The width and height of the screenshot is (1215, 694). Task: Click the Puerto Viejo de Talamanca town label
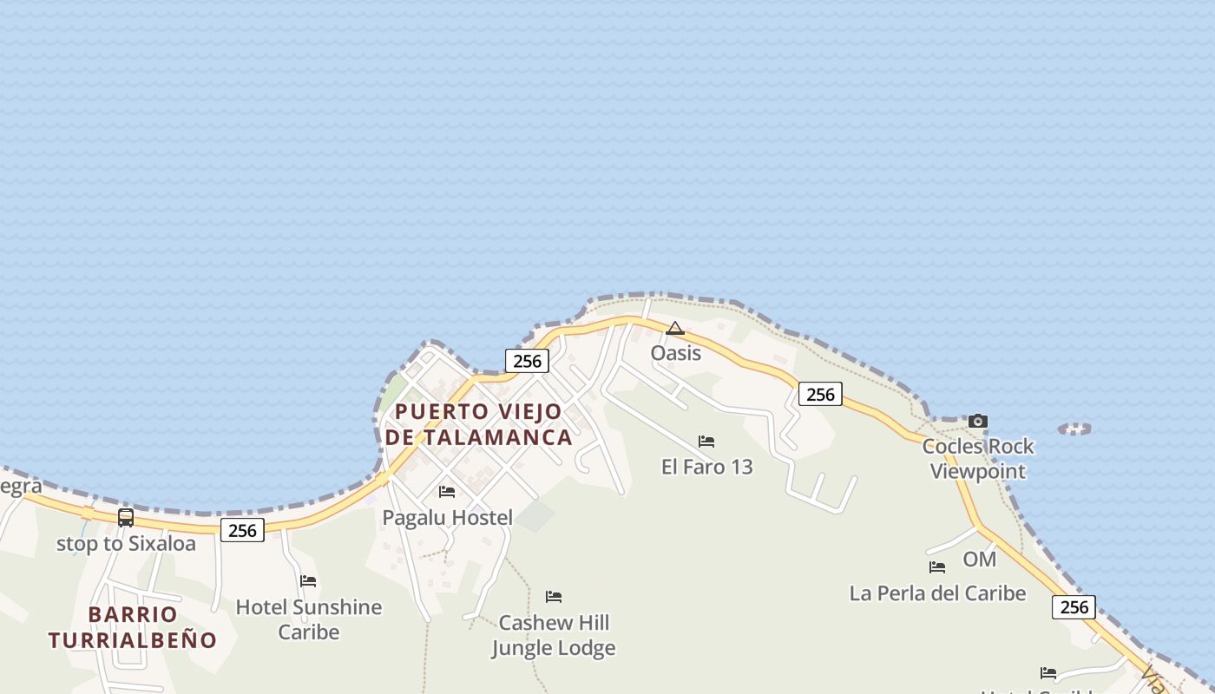coord(478,424)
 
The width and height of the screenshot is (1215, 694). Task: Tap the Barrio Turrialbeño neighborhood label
coord(133,627)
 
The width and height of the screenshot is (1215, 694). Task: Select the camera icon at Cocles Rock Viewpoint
coord(978,422)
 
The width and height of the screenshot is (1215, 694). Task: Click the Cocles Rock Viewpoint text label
coord(978,459)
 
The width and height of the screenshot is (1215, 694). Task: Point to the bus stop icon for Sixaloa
coord(126,518)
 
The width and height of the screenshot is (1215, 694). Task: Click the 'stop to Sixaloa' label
coord(126,544)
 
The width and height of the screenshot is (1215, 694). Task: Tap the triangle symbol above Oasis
coord(675,329)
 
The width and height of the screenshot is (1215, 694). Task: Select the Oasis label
coord(675,353)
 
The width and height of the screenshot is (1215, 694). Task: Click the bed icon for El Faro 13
coord(706,442)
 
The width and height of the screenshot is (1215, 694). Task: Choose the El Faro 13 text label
coord(706,467)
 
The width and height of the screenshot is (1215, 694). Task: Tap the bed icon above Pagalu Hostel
coord(447,492)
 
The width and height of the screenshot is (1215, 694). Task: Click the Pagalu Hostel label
coord(448,518)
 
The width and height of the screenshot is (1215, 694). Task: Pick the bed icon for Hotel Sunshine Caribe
coord(308,581)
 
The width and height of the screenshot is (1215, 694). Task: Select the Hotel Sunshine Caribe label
coord(308,619)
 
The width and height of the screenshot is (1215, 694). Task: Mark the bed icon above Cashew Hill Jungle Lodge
coord(554,597)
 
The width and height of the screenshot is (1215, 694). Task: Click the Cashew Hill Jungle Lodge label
coord(554,635)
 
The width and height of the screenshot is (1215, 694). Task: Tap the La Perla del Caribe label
coord(937,593)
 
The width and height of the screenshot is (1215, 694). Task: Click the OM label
coord(979,560)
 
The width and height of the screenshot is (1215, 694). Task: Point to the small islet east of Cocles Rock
coord(1074,429)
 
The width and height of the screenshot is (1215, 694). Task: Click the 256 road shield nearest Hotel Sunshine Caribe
coord(242,530)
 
